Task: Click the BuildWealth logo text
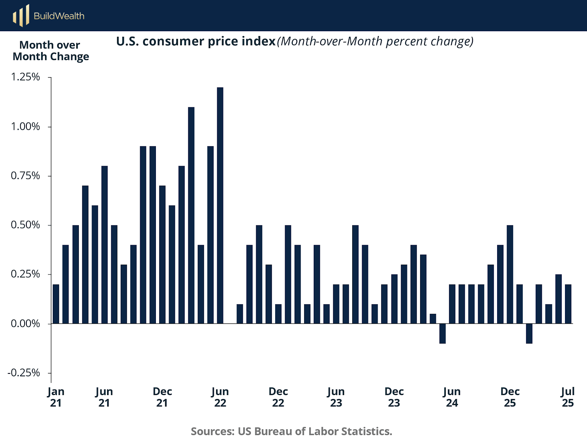[59, 16]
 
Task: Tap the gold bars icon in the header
[21, 15]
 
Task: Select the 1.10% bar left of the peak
[191, 215]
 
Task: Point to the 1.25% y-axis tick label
[25, 77]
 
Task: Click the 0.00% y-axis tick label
[25, 323]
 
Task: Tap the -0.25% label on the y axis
[24, 373]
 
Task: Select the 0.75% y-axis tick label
[25, 176]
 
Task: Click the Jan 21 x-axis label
[56, 397]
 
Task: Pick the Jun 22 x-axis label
[220, 397]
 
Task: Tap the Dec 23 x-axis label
[394, 397]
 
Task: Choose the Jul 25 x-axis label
[568, 397]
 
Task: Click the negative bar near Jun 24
[442, 334]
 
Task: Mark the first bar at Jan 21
[56, 304]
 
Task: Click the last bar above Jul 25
[568, 304]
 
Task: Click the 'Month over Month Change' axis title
[51, 51]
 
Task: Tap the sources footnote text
[292, 431]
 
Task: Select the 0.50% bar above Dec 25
[510, 274]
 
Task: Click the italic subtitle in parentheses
[375, 41]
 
